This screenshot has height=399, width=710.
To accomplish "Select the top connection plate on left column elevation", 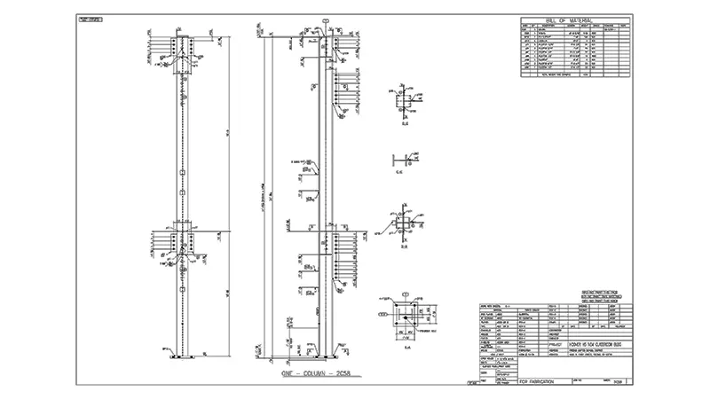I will (182, 49).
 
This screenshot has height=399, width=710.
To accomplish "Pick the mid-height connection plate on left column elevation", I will (182, 239).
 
